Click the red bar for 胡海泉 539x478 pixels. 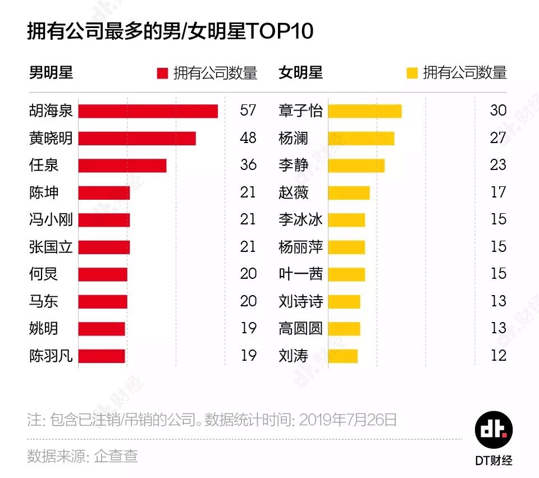point(148,111)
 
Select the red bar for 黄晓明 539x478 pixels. point(137,138)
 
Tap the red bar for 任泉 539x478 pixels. point(122,166)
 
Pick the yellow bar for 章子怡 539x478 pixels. point(364,111)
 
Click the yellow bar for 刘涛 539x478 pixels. point(342,356)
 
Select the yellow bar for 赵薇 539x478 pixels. point(349,193)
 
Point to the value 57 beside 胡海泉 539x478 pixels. point(248,111)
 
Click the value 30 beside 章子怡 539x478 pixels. point(497,111)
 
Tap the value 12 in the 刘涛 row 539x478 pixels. point(497,356)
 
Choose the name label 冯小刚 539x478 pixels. point(51,219)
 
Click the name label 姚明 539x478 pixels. point(43,328)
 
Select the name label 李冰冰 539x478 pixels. point(300,219)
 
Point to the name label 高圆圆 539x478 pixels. point(300,328)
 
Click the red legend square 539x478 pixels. point(162,73)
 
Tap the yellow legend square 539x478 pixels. point(412,73)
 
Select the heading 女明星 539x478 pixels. point(300,73)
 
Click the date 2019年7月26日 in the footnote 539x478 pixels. point(348,420)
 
